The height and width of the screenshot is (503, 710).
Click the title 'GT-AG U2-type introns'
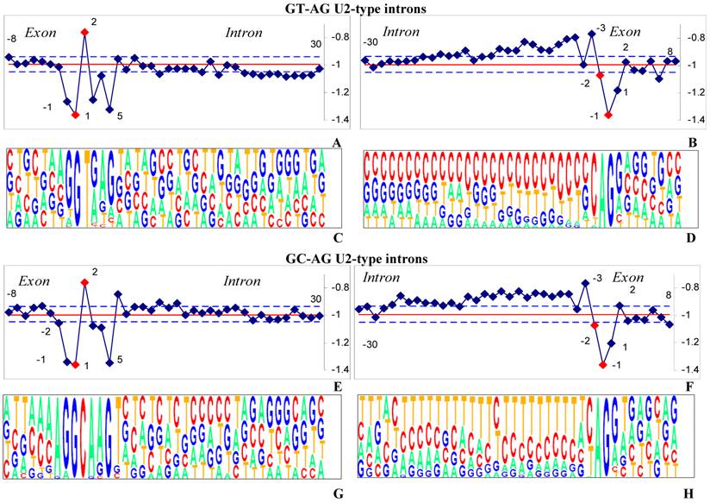(x=355, y=9)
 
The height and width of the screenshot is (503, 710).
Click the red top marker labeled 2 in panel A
(x=84, y=32)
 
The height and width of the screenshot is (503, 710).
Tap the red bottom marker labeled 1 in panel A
(x=76, y=115)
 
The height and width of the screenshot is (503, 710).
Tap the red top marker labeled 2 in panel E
(x=84, y=282)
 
